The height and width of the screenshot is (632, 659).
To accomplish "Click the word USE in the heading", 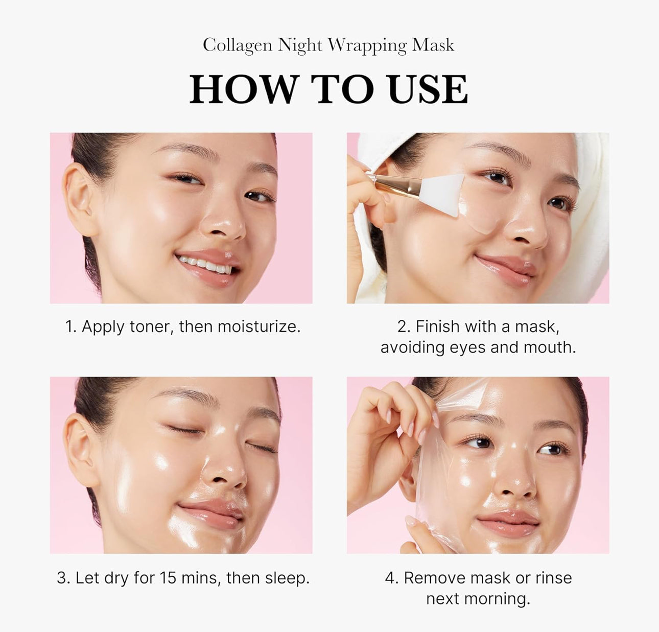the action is pos(429,89).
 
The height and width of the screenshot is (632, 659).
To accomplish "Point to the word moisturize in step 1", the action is pos(258,327).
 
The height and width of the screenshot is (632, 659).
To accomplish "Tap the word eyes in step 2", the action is pos(467,348).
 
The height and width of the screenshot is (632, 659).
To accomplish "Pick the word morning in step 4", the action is pos(497,599).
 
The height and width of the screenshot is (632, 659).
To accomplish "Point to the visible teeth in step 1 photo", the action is pos(205,265).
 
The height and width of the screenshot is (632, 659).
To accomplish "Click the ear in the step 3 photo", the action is pos(81,451).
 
